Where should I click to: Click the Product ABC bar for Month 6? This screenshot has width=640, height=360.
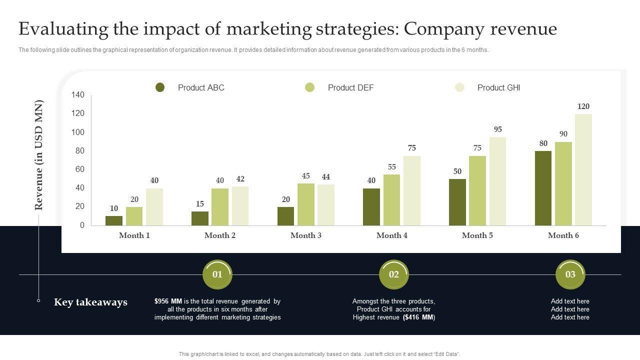click(543, 188)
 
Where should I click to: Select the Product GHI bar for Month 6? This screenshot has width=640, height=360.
click(583, 170)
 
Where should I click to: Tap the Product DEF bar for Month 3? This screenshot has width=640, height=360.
click(306, 204)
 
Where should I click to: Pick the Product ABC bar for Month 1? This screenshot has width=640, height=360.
click(114, 220)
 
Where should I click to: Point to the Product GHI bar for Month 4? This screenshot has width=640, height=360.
click(412, 190)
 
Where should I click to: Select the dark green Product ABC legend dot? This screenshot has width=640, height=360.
click(160, 87)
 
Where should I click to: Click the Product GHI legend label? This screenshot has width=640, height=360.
click(498, 87)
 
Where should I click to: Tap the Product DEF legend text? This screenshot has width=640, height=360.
click(350, 87)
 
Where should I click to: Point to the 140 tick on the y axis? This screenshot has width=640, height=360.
click(78, 95)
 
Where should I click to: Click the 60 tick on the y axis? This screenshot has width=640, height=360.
click(80, 169)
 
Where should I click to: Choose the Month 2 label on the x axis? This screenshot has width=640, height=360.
click(220, 235)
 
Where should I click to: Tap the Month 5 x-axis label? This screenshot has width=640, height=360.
click(477, 235)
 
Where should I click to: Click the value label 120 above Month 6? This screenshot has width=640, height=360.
click(583, 106)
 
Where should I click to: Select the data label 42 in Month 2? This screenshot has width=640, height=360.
click(240, 179)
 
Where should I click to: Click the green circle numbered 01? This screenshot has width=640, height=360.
click(217, 274)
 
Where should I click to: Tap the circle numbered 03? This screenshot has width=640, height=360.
click(570, 274)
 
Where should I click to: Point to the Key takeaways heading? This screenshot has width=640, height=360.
click(90, 302)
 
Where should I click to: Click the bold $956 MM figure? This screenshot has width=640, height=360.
click(168, 301)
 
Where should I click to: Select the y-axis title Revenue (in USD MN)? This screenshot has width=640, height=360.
click(39, 155)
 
